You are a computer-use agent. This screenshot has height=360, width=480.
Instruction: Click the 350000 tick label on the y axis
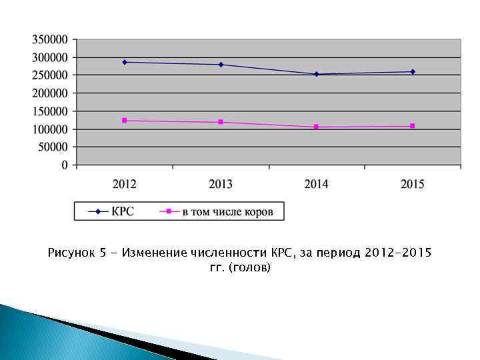(49, 39)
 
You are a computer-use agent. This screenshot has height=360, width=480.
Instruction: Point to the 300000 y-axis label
(49, 57)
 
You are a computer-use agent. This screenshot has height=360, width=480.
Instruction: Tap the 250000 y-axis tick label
(49, 75)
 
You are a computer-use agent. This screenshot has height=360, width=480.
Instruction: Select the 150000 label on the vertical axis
(49, 111)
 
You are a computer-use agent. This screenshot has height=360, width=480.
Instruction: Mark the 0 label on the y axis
(65, 165)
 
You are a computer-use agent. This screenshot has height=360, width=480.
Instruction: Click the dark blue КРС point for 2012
(125, 62)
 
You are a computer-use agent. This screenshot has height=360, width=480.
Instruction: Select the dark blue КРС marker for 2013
(221, 65)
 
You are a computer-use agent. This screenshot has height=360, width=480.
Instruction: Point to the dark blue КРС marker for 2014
(317, 74)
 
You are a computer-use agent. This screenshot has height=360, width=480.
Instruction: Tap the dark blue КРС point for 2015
(413, 72)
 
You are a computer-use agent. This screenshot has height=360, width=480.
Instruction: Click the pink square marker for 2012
(125, 121)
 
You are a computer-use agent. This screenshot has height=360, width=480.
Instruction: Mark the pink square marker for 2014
(317, 127)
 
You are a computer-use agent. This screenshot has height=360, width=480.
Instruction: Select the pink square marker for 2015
(413, 126)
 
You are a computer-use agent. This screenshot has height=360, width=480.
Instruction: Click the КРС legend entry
(122, 212)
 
